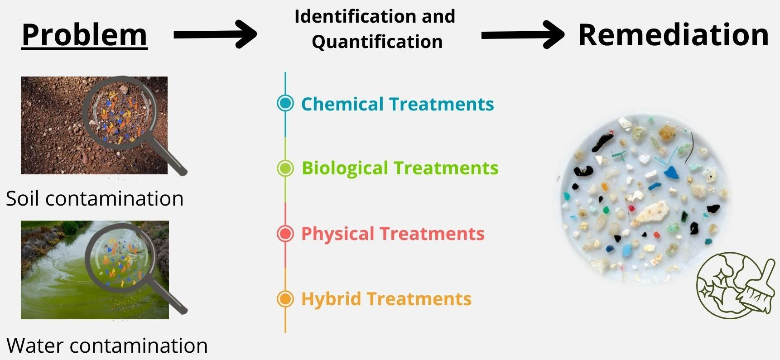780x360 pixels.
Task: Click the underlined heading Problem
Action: pyautogui.click(x=85, y=35)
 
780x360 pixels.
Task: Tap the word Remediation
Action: pyautogui.click(x=674, y=35)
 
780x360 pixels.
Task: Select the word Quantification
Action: pyautogui.click(x=377, y=42)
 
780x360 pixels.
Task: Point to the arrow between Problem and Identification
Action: pyautogui.click(x=215, y=34)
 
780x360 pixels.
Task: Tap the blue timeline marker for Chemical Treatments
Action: pyautogui.click(x=285, y=103)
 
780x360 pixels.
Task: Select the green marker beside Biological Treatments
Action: pyautogui.click(x=285, y=168)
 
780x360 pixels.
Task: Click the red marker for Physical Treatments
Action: pyautogui.click(x=285, y=234)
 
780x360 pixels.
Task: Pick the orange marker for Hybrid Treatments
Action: pyautogui.click(x=285, y=299)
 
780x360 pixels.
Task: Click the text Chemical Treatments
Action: pyautogui.click(x=397, y=104)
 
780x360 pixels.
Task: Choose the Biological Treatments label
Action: pyautogui.click(x=400, y=168)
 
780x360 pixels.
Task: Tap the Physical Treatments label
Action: pyautogui.click(x=393, y=234)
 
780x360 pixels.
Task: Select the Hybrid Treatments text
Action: pyautogui.click(x=386, y=299)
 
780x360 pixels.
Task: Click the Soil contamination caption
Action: pyautogui.click(x=95, y=198)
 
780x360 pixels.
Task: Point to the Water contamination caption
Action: pyautogui.click(x=107, y=346)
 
